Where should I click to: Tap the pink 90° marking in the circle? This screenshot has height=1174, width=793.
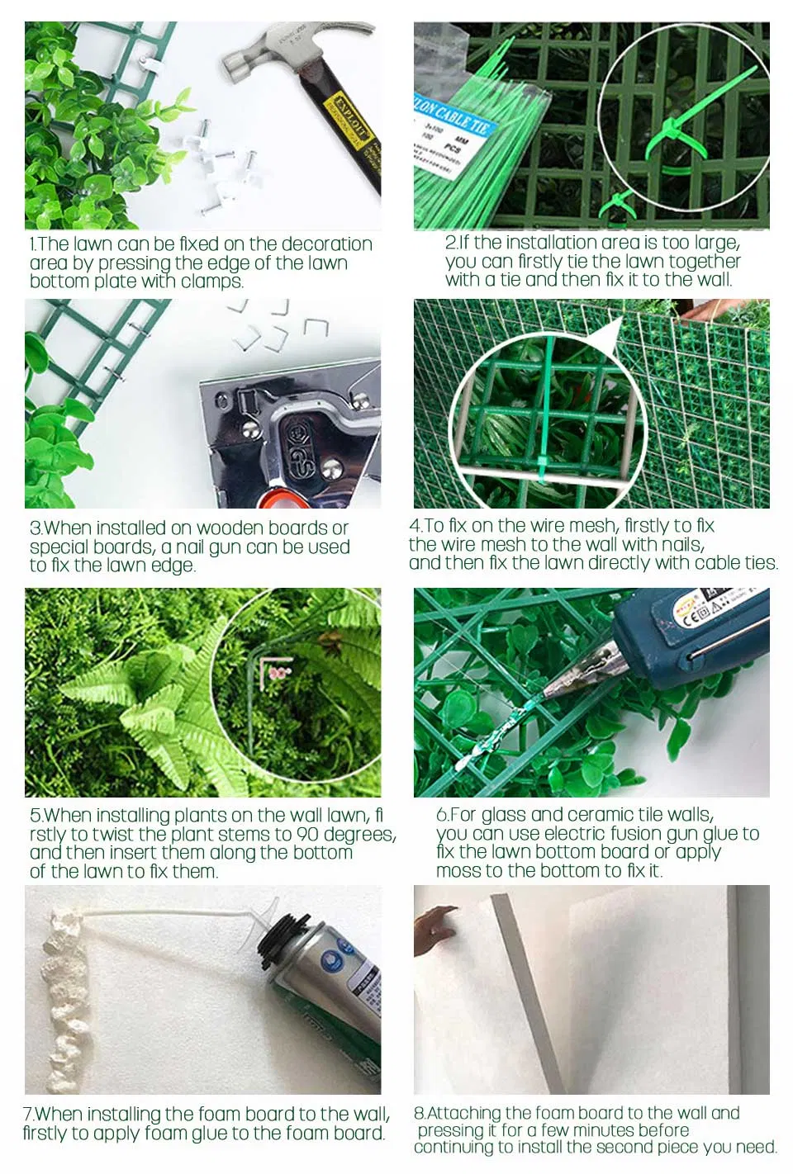(x=280, y=673)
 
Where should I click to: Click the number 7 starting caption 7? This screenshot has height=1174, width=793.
(x=27, y=1115)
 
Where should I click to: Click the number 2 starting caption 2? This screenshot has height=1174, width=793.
(x=450, y=243)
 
